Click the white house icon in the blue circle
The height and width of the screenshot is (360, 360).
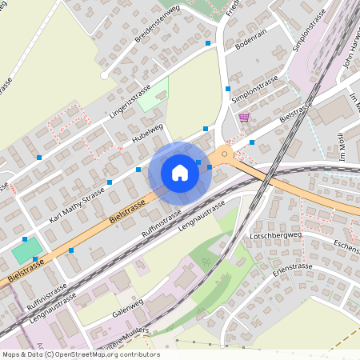click(180, 172)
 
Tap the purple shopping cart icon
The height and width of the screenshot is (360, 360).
click(244, 118)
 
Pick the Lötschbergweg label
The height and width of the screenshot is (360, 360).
click(297, 235)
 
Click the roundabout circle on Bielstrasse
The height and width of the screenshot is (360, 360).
click(225, 154)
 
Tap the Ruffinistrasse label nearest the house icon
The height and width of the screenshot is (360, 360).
click(162, 223)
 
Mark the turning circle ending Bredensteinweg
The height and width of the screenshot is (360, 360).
click(104, 75)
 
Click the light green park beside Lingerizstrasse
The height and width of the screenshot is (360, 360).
click(153, 94)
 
